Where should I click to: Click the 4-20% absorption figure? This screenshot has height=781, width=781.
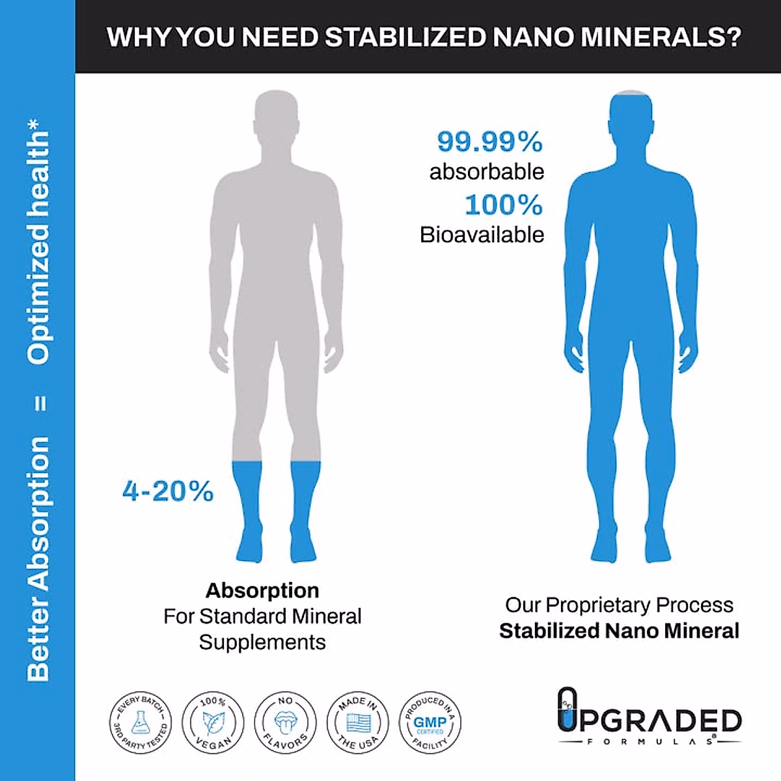(x=168, y=491)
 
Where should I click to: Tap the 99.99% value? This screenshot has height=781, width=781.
(x=489, y=141)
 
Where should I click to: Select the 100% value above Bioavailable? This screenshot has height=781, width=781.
(x=503, y=205)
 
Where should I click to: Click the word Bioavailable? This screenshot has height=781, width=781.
(x=482, y=235)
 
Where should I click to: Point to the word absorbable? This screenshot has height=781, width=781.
(x=486, y=172)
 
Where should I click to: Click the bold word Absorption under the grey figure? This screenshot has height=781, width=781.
(x=262, y=590)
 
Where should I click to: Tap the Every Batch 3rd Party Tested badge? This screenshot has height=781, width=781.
(x=139, y=722)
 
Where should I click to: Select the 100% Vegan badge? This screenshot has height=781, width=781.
(x=213, y=722)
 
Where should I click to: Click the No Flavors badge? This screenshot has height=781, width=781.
(x=285, y=722)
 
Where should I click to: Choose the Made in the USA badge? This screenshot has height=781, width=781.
(x=357, y=722)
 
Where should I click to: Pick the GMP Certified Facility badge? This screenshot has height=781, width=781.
(x=430, y=722)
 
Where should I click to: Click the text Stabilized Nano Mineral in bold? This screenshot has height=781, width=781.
(x=619, y=631)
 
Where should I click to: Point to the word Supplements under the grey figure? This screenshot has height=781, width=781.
(x=262, y=642)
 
